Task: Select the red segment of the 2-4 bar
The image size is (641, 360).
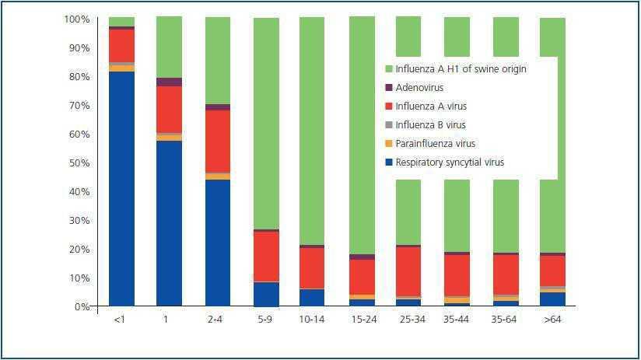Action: pyautogui.click(x=217, y=142)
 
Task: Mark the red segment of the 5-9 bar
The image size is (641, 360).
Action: pyautogui.click(x=266, y=257)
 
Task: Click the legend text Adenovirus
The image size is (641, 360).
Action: pyautogui.click(x=420, y=88)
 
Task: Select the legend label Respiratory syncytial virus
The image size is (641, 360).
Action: pyautogui.click(x=450, y=163)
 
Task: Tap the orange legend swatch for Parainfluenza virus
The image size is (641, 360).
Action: pyautogui.click(x=389, y=144)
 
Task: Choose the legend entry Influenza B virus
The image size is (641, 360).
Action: pyautogui.click(x=430, y=125)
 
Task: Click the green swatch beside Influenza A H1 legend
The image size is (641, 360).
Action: pyautogui.click(x=389, y=69)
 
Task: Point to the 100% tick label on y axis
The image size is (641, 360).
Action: pyautogui.click(x=76, y=19)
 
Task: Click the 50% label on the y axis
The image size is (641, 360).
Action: pyautogui.click(x=79, y=163)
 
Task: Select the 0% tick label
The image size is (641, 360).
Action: pyautogui.click(x=82, y=307)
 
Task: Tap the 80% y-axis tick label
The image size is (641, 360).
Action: pyautogui.click(x=79, y=77)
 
